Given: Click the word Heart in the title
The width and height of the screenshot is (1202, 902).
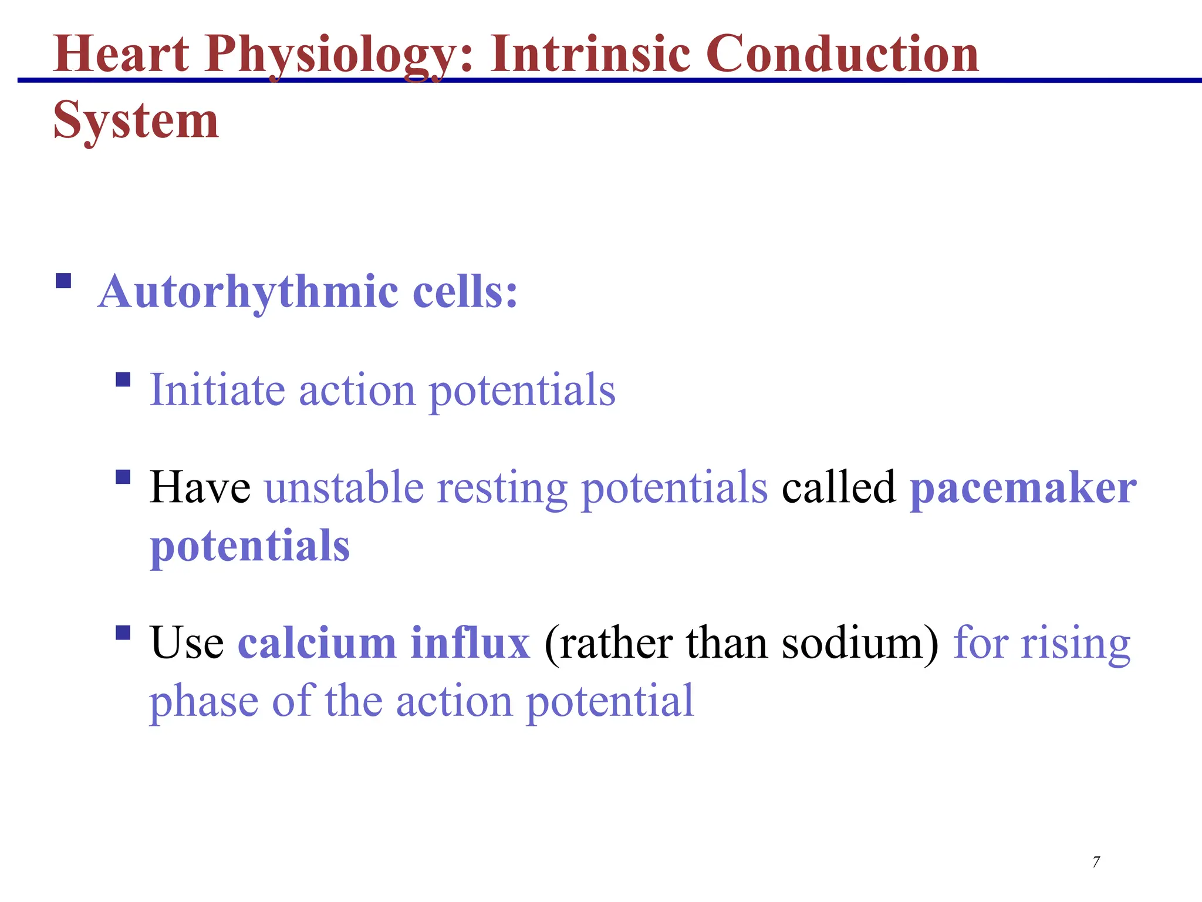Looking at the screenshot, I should click(x=121, y=54).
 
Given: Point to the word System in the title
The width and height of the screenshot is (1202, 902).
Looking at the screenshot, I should click(x=136, y=121).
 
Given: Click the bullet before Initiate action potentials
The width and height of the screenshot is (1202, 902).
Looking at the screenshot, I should click(x=123, y=379).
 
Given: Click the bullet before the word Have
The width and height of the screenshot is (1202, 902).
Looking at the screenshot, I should click(x=123, y=476).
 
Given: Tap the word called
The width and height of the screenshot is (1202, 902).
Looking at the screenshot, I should click(x=839, y=487).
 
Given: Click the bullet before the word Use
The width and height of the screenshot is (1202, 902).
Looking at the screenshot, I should click(x=123, y=632).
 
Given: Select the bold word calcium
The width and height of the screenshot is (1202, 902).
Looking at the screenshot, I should click(x=317, y=643).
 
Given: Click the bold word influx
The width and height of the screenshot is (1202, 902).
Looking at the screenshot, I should click(x=470, y=643).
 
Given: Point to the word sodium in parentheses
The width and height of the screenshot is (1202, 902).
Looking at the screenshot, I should click(x=853, y=643).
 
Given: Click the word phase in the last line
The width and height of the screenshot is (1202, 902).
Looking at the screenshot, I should click(x=203, y=702).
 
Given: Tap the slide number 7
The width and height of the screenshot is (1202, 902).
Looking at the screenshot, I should click(x=1096, y=862).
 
